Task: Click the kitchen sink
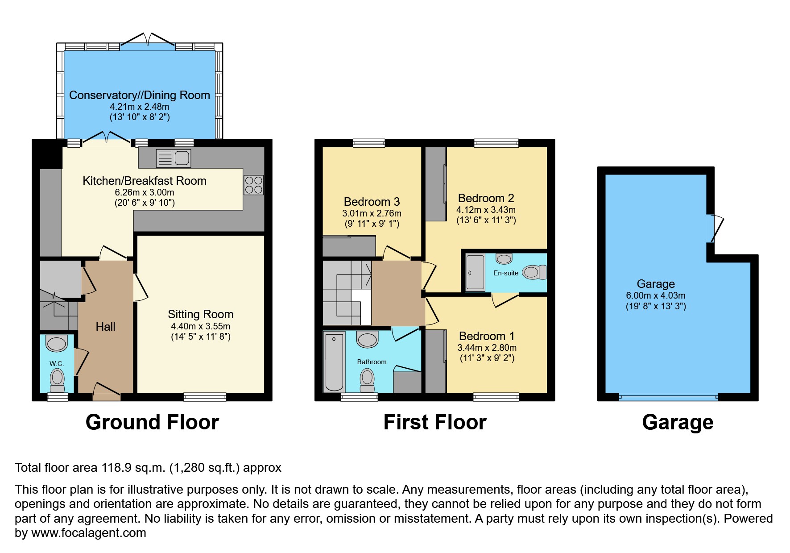[174, 158]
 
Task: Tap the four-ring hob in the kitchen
[253, 185]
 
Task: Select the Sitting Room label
[201, 314]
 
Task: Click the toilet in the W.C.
[57, 380]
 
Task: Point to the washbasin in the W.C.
[57, 344]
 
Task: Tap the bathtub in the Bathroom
[334, 362]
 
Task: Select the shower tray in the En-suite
[475, 272]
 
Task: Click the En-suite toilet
[534, 272]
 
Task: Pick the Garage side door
[716, 228]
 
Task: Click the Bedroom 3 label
[372, 202]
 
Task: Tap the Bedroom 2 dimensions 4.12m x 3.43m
[486, 210]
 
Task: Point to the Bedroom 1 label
[487, 336]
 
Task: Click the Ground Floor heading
[152, 422]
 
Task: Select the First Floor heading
[435, 422]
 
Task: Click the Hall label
[106, 327]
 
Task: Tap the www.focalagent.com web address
[89, 533]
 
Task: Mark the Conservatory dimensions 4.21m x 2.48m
[140, 107]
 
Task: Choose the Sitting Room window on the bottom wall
[205, 397]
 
